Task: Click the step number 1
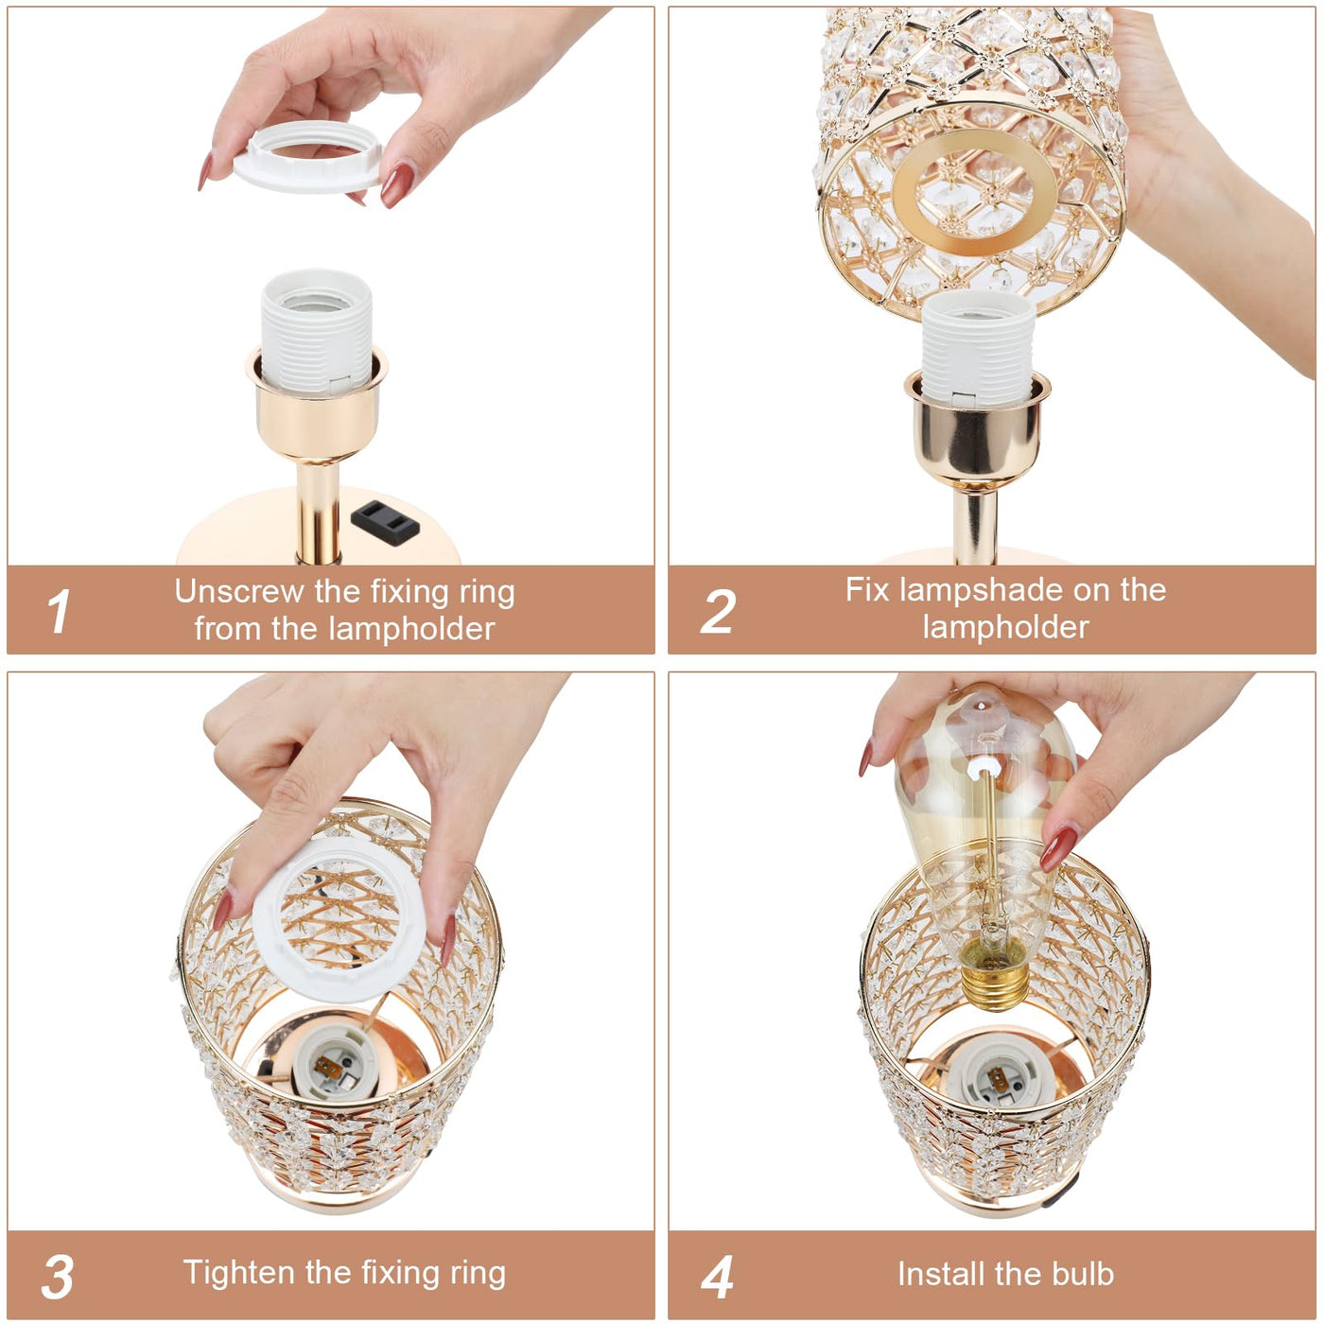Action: (59, 610)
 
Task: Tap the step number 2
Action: (718, 610)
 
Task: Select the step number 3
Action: (57, 1277)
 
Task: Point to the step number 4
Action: (717, 1277)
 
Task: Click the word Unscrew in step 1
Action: (239, 591)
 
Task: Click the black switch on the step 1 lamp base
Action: (385, 522)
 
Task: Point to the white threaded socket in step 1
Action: (316, 331)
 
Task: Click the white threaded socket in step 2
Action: (977, 348)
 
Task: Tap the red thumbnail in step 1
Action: (398, 184)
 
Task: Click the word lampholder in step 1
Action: (411, 629)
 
